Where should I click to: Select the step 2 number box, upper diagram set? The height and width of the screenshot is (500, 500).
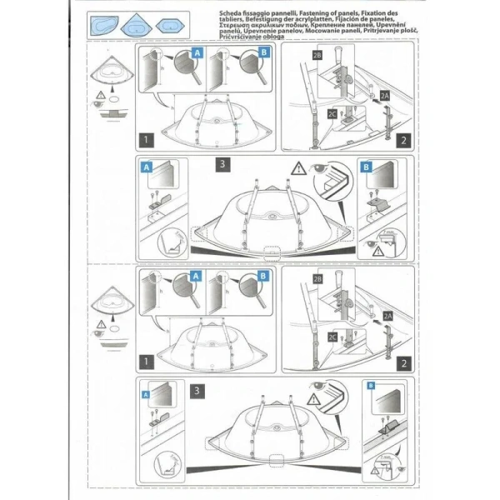(402, 140)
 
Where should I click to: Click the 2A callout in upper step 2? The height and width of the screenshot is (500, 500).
(386, 97)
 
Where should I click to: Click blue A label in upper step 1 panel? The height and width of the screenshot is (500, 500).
(197, 52)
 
